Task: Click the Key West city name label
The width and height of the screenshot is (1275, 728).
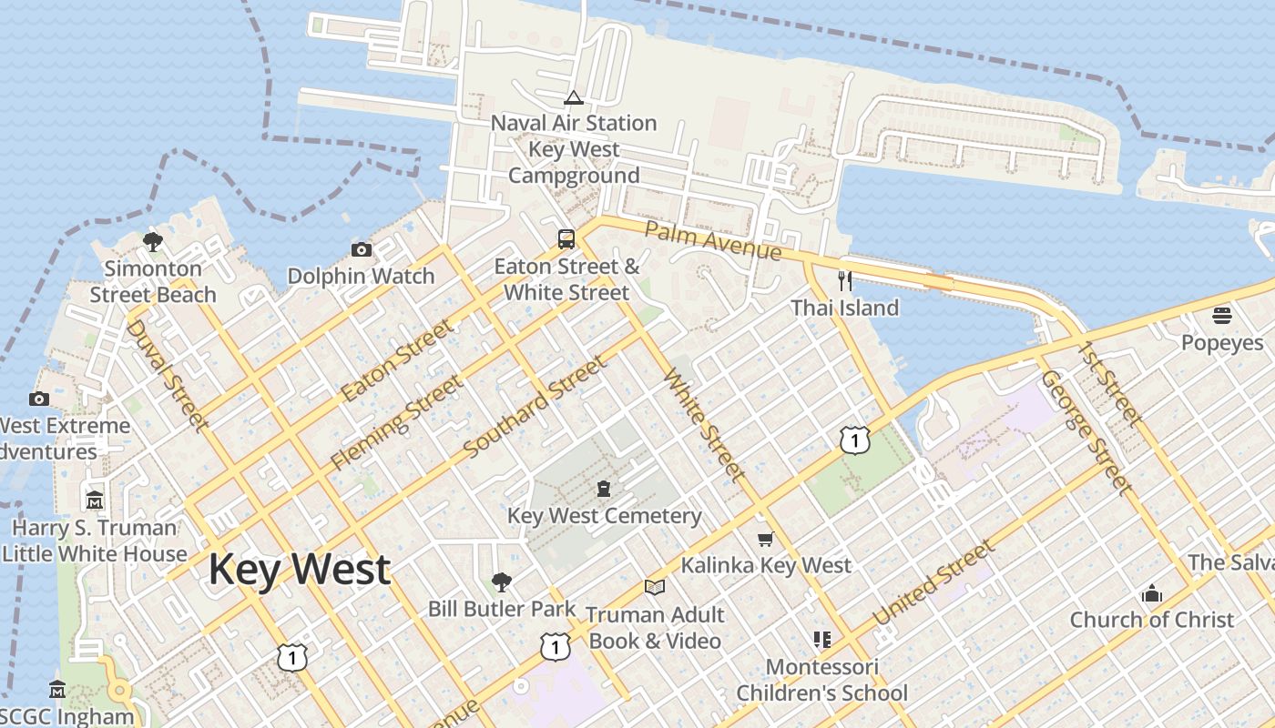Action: click(300, 571)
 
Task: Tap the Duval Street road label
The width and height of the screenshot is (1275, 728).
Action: click(167, 373)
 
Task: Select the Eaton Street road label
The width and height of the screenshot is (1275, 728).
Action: click(397, 361)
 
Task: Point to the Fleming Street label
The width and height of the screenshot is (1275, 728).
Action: click(396, 421)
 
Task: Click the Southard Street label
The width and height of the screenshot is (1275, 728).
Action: click(535, 408)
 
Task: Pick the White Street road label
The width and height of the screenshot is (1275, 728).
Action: click(705, 424)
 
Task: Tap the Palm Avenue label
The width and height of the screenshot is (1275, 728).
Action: click(713, 239)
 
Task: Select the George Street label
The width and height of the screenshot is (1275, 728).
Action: click(1086, 431)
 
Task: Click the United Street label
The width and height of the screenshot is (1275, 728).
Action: click(933, 582)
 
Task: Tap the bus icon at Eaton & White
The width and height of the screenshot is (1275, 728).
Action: click(566, 239)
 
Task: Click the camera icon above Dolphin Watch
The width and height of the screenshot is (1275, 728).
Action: click(362, 249)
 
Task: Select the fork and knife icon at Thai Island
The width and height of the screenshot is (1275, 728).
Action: click(845, 280)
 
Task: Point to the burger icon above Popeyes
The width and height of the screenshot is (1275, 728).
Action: click(1222, 316)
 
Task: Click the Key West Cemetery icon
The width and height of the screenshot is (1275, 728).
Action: click(604, 489)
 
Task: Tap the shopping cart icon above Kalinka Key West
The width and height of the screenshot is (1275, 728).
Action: click(766, 539)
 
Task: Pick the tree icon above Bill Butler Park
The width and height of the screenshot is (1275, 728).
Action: click(501, 581)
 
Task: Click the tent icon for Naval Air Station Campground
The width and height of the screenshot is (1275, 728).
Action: click(573, 97)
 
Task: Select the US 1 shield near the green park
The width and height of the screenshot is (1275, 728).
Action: click(854, 440)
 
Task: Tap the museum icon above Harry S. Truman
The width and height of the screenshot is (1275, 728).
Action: click(95, 500)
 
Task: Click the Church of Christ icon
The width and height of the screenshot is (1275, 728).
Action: click(1152, 593)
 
